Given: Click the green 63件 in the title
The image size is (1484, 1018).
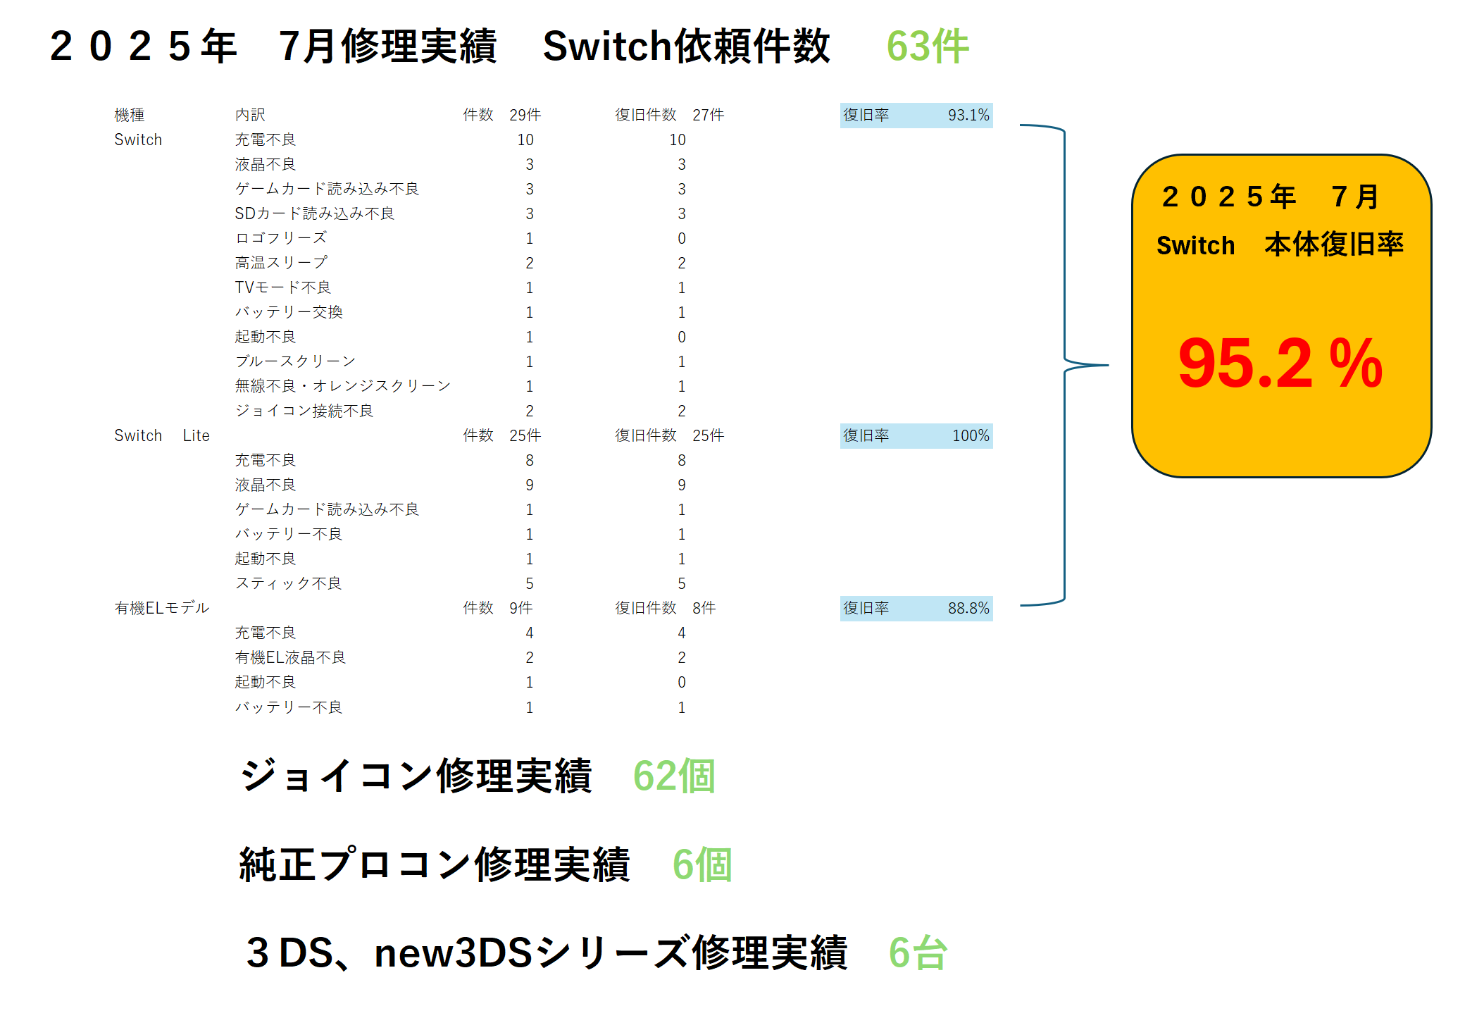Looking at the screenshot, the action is click(928, 46).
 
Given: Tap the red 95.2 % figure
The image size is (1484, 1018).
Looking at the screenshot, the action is click(1280, 364).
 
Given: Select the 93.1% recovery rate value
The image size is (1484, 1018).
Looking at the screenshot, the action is click(968, 115).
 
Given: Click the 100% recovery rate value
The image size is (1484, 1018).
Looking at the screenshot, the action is click(971, 435).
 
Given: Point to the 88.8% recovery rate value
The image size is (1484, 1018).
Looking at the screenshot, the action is click(968, 608).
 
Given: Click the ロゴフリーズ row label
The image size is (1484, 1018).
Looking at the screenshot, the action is click(281, 238).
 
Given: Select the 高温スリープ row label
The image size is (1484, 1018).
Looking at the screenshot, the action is click(281, 263).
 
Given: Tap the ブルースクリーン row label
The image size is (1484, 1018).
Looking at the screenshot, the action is click(296, 361).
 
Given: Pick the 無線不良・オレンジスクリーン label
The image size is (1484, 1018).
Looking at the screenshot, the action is click(343, 386).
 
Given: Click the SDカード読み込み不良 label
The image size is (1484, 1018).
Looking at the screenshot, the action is click(315, 213).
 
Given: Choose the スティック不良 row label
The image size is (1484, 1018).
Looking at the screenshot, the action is click(289, 583).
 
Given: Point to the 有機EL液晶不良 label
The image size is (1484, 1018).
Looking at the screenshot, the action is click(290, 657).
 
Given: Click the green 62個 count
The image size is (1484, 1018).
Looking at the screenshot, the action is click(674, 776).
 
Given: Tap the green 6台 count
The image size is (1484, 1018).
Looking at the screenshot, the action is click(918, 952).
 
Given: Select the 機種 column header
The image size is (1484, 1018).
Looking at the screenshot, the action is click(130, 115).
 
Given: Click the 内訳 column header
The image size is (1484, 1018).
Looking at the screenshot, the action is click(250, 115).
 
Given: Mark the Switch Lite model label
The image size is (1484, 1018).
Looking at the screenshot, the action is click(162, 435).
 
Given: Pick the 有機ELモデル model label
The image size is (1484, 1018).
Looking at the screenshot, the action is click(162, 608).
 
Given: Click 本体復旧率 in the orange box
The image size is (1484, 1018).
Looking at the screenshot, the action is click(1334, 244).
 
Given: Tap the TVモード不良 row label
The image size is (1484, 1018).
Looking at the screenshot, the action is click(283, 287).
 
